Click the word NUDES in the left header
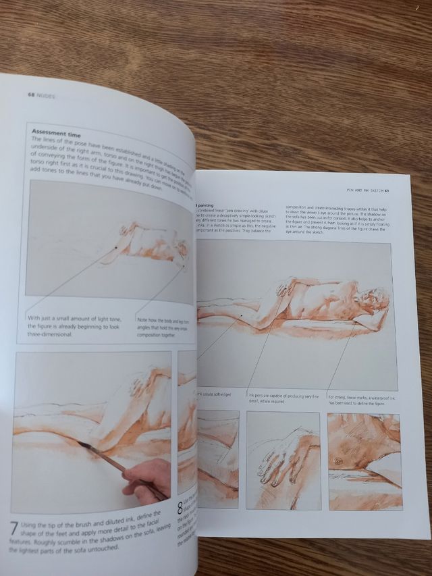coord(46,96)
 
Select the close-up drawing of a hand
coord(283,450)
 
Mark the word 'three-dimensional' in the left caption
coord(54,334)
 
